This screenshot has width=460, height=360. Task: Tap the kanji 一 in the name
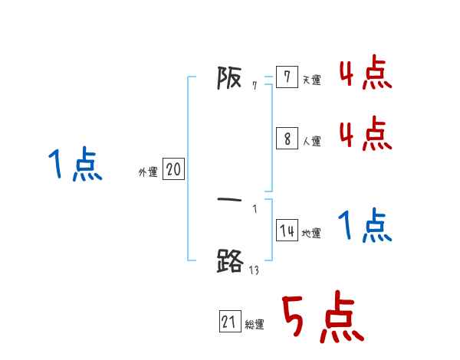(x=230, y=200)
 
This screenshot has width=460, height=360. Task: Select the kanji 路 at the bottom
(x=230, y=262)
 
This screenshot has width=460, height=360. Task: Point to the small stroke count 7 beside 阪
(x=255, y=87)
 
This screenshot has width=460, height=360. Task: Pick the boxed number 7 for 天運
(x=286, y=78)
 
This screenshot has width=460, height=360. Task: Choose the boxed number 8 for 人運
(x=286, y=139)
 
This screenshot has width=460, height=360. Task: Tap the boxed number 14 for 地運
(x=287, y=231)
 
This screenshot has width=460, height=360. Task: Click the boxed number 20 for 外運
(x=173, y=170)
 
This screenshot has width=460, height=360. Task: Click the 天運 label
(x=311, y=80)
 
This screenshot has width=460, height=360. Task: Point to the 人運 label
(x=311, y=141)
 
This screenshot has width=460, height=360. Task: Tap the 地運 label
(x=311, y=234)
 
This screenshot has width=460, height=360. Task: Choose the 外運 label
(x=148, y=173)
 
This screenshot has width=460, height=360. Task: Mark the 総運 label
(x=255, y=325)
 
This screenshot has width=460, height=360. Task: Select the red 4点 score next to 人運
(x=365, y=133)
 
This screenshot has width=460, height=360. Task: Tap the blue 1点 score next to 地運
(x=365, y=227)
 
